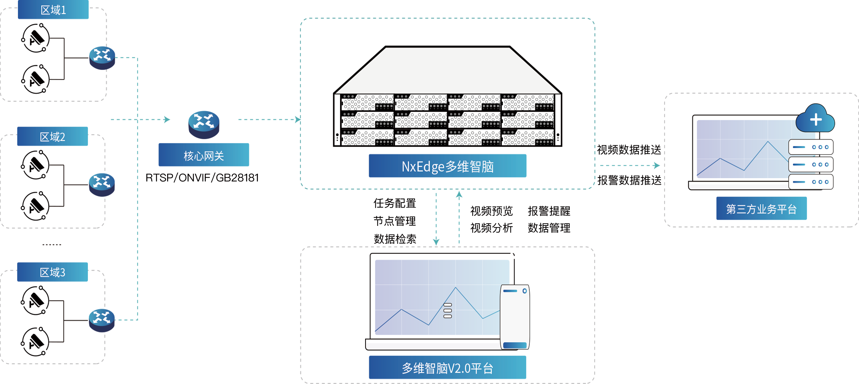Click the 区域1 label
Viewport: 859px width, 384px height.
(53, 10)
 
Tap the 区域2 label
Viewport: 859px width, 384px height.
(52, 137)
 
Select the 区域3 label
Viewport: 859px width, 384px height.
(52, 272)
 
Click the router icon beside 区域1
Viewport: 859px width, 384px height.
(102, 54)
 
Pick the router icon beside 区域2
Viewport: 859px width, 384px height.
(102, 181)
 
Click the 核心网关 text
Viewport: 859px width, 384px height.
(204, 156)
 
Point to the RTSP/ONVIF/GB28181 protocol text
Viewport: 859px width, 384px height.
(202, 178)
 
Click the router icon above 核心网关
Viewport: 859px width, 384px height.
(204, 121)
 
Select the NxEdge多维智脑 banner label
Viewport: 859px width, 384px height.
(448, 167)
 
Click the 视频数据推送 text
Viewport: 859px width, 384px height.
(629, 150)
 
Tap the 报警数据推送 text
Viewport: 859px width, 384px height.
(629, 180)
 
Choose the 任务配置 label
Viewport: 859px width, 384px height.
(395, 203)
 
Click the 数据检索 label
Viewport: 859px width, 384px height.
(395, 239)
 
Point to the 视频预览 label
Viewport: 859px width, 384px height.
(491, 211)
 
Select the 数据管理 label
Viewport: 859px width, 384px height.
(549, 228)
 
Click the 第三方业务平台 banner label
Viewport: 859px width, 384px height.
(761, 209)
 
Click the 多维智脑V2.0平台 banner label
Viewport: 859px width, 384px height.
(447, 368)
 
